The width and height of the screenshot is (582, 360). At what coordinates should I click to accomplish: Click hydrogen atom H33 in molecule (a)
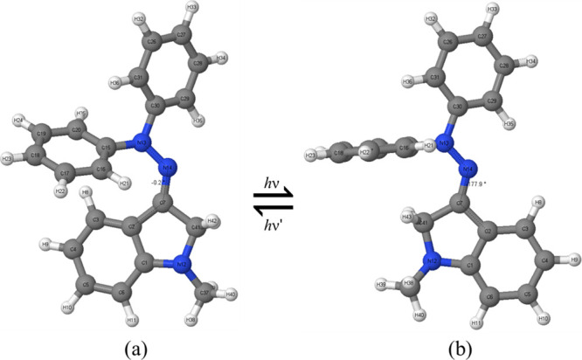191,10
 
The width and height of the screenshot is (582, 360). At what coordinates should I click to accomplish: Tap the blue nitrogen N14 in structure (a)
170,166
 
